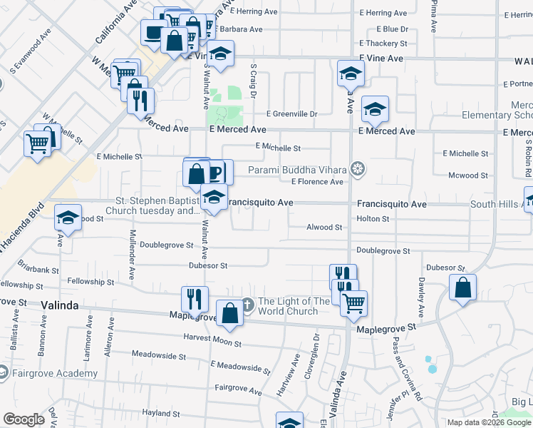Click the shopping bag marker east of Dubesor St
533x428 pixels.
point(462,288)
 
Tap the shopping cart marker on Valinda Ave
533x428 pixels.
point(353,303)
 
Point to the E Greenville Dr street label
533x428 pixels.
point(291,113)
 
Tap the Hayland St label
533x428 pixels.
point(160,413)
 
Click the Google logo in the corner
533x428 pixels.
point(24,419)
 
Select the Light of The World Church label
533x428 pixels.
point(294,306)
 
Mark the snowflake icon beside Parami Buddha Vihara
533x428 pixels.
point(358,169)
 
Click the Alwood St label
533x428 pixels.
point(324,228)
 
